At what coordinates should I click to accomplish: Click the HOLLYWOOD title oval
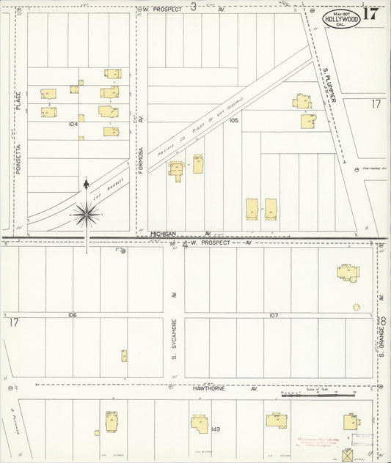(342, 18)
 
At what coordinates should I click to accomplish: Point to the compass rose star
(87, 213)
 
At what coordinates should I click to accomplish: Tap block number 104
(73, 125)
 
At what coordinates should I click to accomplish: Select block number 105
(234, 119)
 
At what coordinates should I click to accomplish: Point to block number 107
(274, 316)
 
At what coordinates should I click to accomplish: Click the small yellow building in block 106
(124, 356)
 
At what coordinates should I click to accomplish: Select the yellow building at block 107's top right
(349, 273)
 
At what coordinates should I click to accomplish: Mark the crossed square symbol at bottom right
(347, 455)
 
